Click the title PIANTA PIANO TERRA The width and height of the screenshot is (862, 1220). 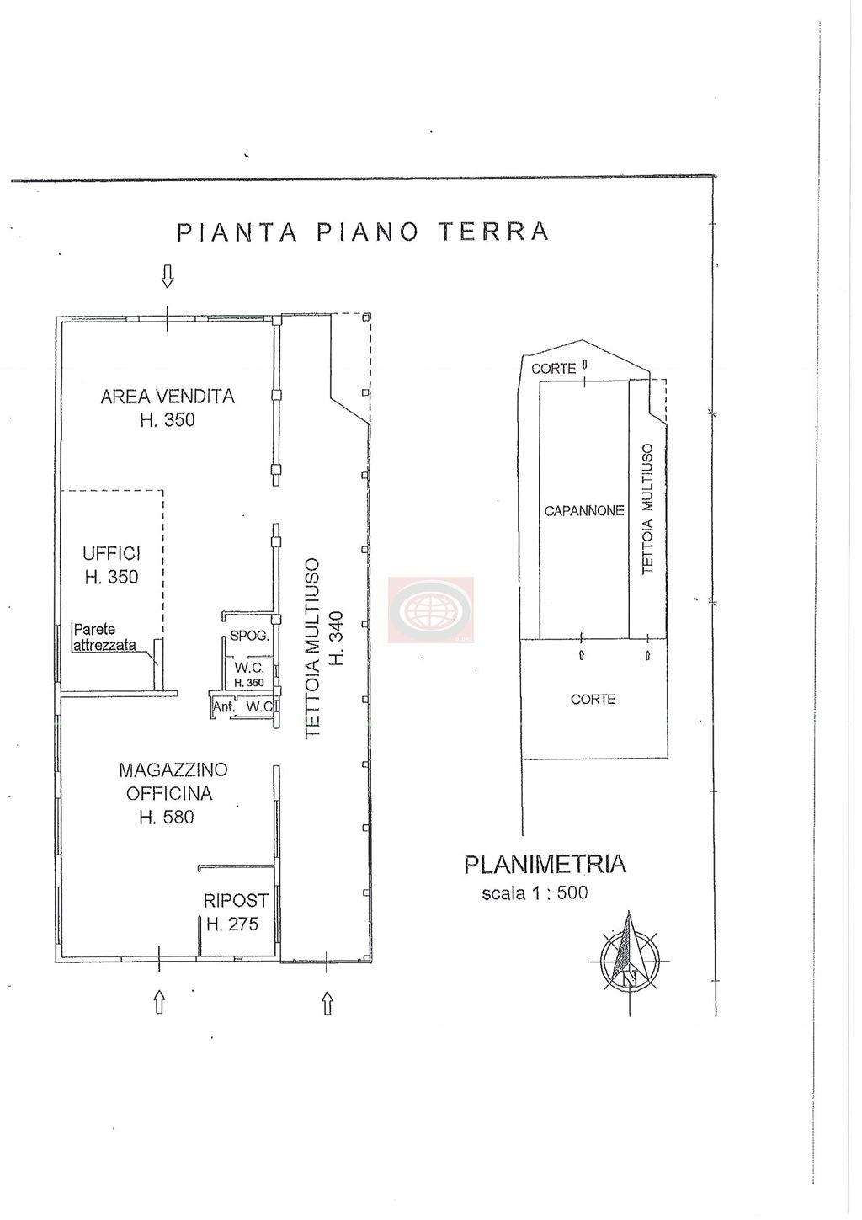(x=363, y=232)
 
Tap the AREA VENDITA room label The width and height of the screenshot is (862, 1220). (x=168, y=396)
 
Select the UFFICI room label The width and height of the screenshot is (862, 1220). (x=112, y=554)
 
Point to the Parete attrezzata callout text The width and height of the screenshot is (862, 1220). (x=104, y=637)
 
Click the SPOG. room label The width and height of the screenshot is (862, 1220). (x=249, y=635)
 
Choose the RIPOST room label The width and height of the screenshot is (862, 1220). (x=236, y=900)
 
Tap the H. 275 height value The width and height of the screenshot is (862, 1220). (x=232, y=924)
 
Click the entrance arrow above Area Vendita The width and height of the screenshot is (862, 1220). (x=168, y=276)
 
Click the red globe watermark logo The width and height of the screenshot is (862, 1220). (x=430, y=610)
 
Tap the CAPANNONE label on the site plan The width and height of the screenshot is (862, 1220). (x=583, y=511)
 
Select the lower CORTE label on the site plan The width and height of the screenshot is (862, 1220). (x=593, y=699)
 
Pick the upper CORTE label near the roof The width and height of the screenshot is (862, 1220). (x=553, y=369)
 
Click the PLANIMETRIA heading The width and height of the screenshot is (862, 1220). (x=545, y=865)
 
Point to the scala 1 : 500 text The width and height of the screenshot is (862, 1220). (x=535, y=893)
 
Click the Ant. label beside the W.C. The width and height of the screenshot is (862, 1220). (x=224, y=707)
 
